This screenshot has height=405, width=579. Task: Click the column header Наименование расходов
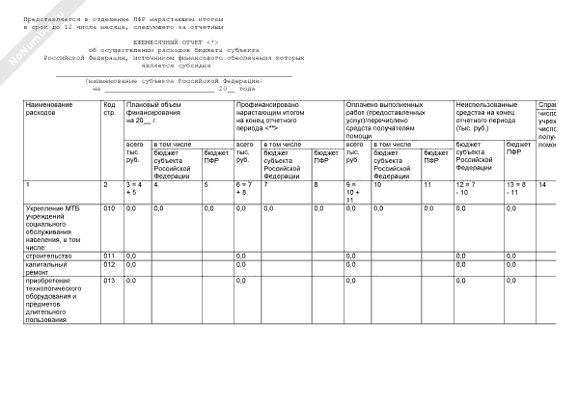[51, 108]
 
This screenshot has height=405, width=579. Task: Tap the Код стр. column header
[109, 108]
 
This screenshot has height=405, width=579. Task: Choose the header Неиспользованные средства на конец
[493, 113]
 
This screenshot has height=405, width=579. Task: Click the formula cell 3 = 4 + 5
[134, 188]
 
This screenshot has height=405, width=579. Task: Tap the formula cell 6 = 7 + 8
[244, 188]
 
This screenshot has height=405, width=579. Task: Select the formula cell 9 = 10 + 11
[355, 188]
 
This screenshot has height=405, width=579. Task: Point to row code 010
[109, 208]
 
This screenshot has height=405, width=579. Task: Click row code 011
[109, 256]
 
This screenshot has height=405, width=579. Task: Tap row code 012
[109, 264]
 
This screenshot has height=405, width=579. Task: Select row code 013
[109, 281]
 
